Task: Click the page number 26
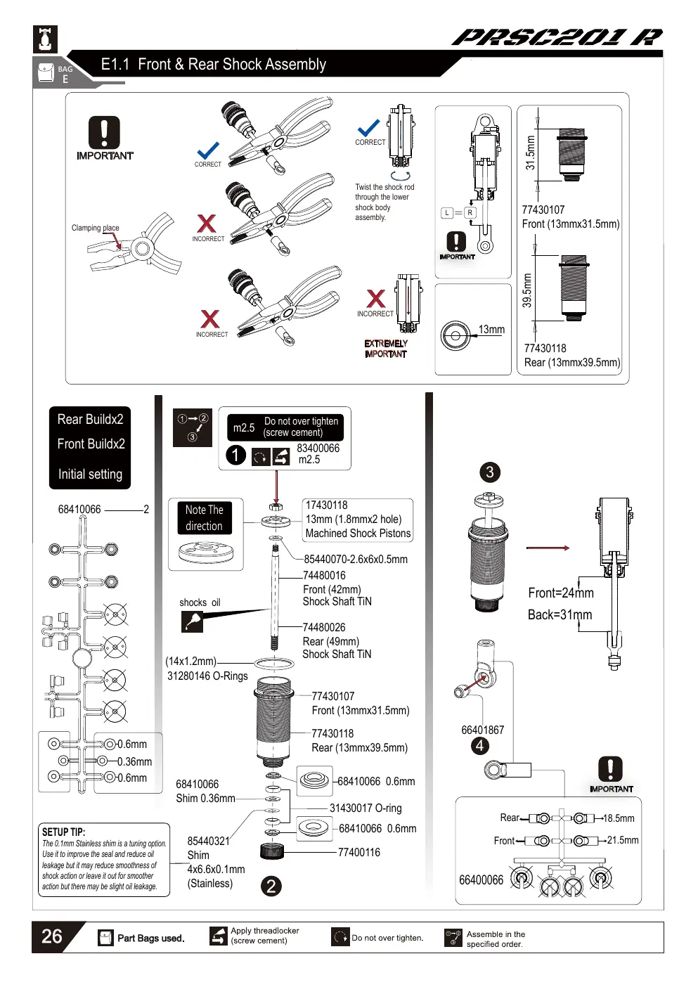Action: point(51,936)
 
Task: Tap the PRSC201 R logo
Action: point(557,37)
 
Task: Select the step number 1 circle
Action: point(235,455)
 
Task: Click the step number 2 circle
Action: point(271,886)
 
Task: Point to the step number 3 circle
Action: point(489,472)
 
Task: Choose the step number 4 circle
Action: point(480,746)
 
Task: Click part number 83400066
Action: point(318,448)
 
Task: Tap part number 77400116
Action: point(358,852)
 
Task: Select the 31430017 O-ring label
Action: point(366,808)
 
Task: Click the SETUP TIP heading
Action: point(63,832)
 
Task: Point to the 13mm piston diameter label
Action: point(491,329)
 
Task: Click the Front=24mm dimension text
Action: point(560,593)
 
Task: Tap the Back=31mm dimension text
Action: point(560,614)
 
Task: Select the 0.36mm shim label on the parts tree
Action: point(134,761)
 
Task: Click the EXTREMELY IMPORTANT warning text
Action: point(386,349)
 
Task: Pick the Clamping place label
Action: point(95,228)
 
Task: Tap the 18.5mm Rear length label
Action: point(619,818)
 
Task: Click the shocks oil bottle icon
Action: point(192,622)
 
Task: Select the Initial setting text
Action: point(91,474)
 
